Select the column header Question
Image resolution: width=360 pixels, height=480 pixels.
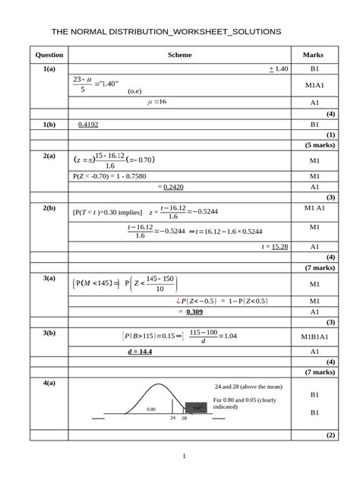click(x=49, y=55)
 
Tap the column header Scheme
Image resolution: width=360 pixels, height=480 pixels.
click(x=179, y=55)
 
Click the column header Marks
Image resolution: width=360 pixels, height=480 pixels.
click(x=313, y=55)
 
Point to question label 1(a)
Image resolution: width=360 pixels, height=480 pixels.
click(x=49, y=69)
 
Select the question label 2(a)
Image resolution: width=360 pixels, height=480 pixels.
click(x=49, y=156)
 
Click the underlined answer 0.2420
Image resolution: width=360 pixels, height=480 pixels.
click(x=174, y=187)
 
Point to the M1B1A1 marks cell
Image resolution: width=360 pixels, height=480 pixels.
click(x=314, y=334)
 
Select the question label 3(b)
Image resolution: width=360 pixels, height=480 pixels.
click(x=49, y=333)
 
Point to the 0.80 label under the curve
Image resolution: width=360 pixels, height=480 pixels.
click(x=152, y=409)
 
